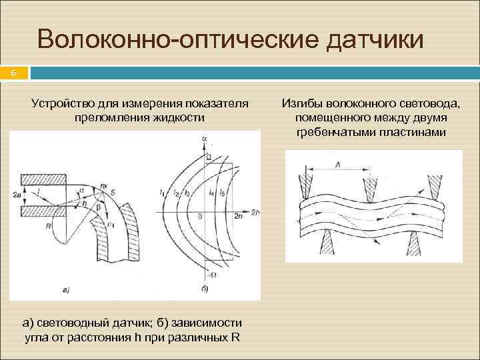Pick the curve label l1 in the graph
coord(162,193)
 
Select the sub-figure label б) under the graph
coord(204,289)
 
